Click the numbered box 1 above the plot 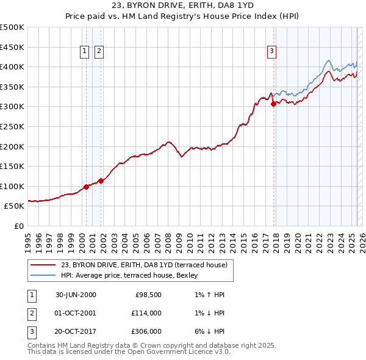pos(84,52)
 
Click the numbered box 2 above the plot pos(98,52)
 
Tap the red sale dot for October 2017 pos(273,104)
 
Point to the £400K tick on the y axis pos(12,67)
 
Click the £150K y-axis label pos(12,166)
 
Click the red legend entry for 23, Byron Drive pos(144,264)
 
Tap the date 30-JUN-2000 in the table pos(76,295)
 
